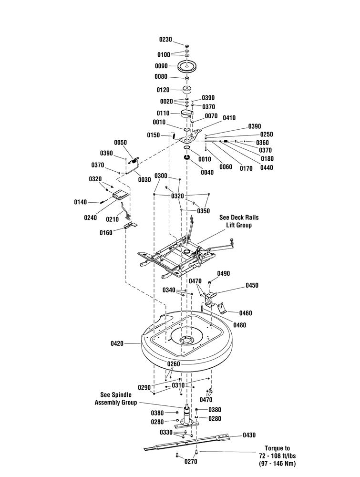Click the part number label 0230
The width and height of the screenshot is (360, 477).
pyautogui.click(x=166, y=40)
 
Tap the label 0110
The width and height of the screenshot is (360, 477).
pyautogui.click(x=163, y=113)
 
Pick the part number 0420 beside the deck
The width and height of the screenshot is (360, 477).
pyautogui.click(x=117, y=343)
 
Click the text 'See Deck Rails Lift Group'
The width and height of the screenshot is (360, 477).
pyautogui.click(x=239, y=221)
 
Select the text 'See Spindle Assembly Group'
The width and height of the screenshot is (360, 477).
pyautogui.click(x=116, y=398)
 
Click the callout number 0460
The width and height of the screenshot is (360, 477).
pyautogui.click(x=246, y=313)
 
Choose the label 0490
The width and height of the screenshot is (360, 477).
pyautogui.click(x=224, y=273)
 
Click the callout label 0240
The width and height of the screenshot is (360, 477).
pyautogui.click(x=91, y=218)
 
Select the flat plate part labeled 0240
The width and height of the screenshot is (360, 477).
pyautogui.click(x=121, y=195)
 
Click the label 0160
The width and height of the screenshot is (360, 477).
pyautogui.click(x=106, y=233)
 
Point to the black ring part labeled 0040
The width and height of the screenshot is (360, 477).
pyautogui.click(x=187, y=157)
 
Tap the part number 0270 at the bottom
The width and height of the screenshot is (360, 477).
pyautogui.click(x=191, y=461)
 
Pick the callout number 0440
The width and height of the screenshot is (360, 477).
pyautogui.click(x=267, y=167)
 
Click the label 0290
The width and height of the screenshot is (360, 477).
pyautogui.click(x=144, y=387)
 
